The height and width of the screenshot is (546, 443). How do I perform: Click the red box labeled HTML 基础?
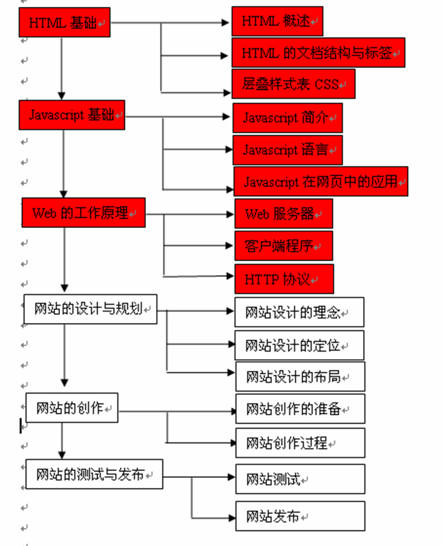coord(64,23)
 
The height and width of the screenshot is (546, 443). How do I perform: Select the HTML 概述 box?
coord(277,22)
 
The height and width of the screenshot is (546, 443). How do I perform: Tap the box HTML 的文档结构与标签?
coord(318,53)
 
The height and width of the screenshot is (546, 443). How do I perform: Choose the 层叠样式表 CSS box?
coord(293,84)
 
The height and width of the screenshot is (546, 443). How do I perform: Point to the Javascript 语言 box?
coord(287,150)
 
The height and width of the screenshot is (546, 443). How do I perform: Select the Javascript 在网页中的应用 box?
coord(321,182)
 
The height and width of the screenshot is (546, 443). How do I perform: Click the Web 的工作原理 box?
coord(83,213)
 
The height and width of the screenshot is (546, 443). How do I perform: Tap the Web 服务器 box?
coord(283,214)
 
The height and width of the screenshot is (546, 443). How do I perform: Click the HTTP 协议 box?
coord(284,279)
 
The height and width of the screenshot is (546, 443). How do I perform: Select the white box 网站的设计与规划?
coord(90,309)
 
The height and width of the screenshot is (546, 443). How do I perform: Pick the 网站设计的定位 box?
coord(299,345)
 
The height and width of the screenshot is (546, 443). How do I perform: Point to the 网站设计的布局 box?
coord(299,377)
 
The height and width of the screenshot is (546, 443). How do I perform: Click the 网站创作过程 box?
coord(299,444)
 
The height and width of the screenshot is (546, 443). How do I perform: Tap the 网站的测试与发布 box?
coord(94,474)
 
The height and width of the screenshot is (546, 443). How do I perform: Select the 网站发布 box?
coord(299,516)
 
